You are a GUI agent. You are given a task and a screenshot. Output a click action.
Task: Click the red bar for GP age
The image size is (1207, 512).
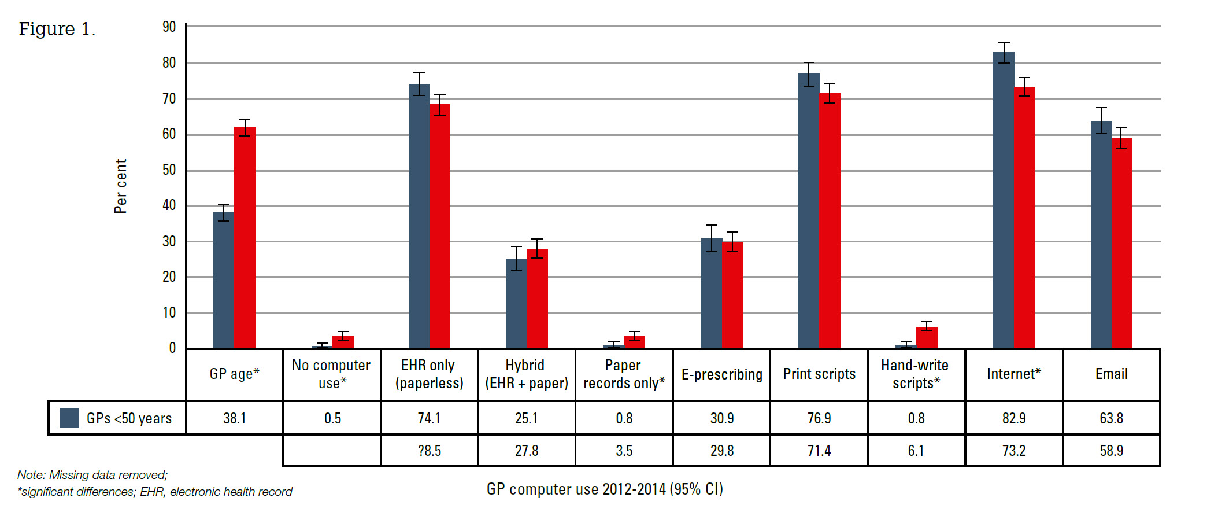tap(245, 237)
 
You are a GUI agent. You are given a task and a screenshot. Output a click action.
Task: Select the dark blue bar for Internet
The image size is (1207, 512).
tap(1004, 200)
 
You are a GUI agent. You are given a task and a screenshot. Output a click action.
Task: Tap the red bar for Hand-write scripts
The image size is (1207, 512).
tap(927, 337)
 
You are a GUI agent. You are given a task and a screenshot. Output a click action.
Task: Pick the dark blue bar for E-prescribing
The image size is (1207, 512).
tap(712, 293)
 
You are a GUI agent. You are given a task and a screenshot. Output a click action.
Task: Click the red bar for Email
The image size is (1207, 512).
tap(1122, 243)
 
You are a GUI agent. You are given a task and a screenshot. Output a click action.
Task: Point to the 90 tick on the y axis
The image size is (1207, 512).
tap(169, 27)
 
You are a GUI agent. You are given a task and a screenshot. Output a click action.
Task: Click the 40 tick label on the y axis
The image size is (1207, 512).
tap(169, 205)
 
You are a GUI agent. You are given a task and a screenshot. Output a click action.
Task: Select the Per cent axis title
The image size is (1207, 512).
tap(120, 186)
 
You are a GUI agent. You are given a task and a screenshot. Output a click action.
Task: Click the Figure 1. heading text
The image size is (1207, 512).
tap(57, 29)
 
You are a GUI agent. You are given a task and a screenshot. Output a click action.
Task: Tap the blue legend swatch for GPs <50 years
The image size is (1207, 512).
tap(69, 418)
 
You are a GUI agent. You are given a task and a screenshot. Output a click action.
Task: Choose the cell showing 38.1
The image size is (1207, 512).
tap(235, 418)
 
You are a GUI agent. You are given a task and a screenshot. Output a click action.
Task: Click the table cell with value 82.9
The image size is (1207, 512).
tap(1014, 418)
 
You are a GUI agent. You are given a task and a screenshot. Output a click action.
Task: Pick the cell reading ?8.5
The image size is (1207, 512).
tap(429, 451)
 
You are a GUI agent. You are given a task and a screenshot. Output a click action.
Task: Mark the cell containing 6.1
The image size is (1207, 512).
tap(916, 451)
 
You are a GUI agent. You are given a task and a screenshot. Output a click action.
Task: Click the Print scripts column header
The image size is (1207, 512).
tap(819, 374)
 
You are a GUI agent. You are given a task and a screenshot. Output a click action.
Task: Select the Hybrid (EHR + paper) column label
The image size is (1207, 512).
tap(527, 374)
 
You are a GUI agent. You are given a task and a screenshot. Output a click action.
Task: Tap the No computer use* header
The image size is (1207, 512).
tap(331, 374)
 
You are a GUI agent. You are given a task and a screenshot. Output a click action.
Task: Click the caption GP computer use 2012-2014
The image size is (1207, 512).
tap(605, 489)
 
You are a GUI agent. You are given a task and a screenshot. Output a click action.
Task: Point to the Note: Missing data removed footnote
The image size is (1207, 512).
tap(92, 475)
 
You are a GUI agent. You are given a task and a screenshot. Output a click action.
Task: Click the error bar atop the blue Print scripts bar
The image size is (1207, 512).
tap(809, 74)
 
